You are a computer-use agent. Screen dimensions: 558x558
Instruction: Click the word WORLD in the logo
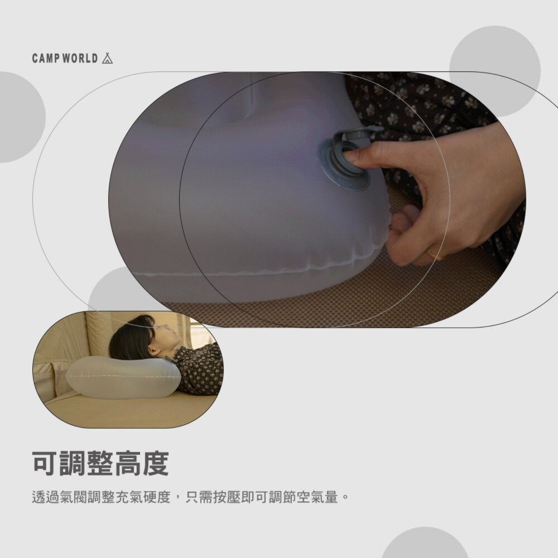(80, 59)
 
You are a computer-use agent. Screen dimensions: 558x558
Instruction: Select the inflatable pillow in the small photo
(123, 378)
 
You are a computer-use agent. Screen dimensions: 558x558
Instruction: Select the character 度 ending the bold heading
(155, 464)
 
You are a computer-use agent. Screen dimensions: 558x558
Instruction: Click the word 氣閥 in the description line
(74, 497)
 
